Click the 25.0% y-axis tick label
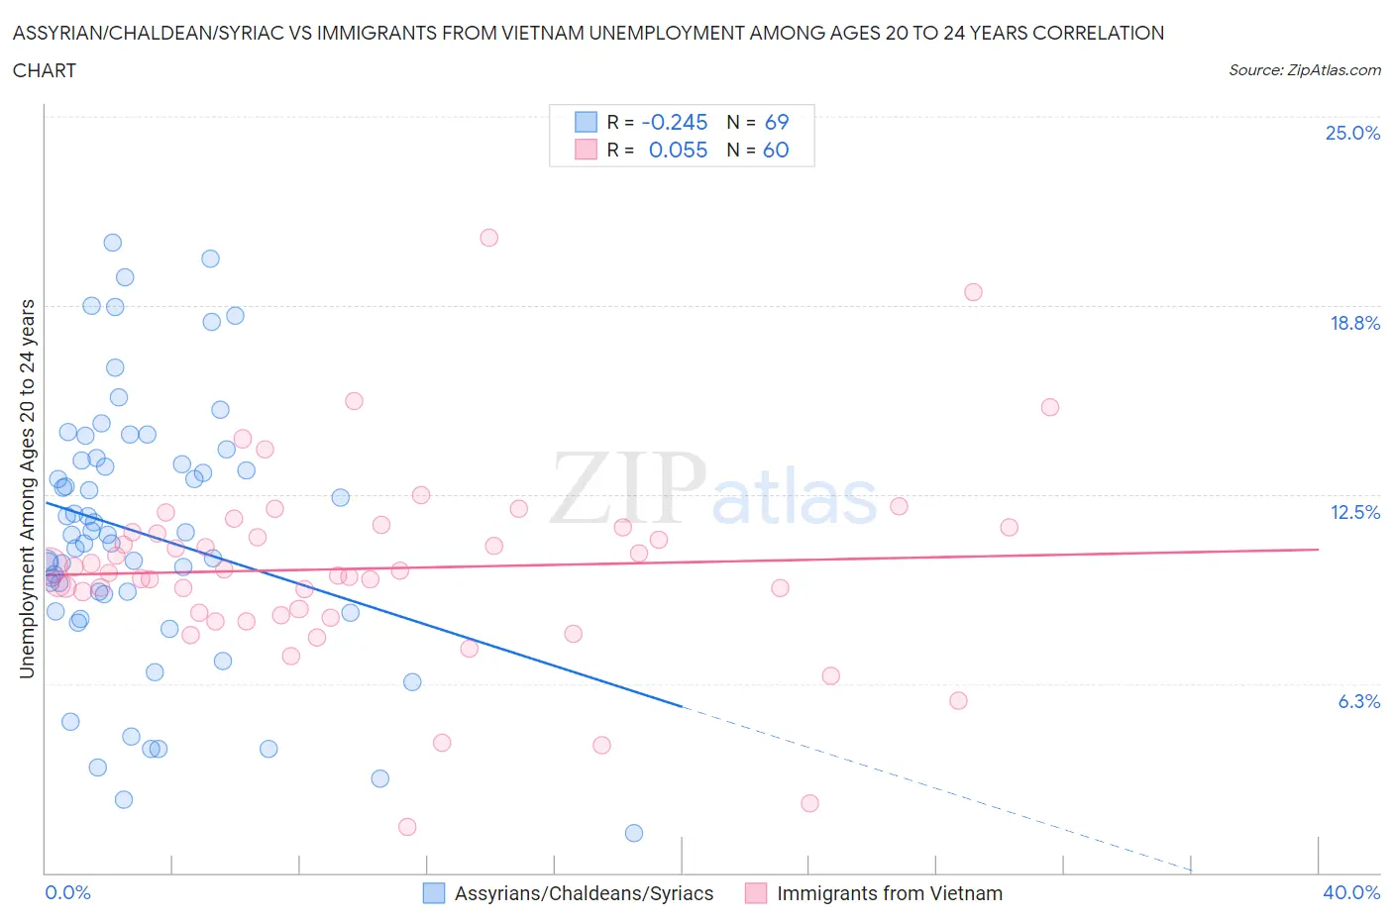pos(1352,133)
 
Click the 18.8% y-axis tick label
pos(1354,323)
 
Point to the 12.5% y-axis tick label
pos(1354,512)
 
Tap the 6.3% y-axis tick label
pos(1358,701)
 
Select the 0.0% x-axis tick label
pos(67,892)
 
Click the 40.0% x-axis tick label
pos(1351,892)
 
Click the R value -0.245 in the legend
pos(675,122)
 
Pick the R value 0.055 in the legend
pos(678,150)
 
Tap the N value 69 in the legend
pos(777,122)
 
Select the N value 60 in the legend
pos(776,150)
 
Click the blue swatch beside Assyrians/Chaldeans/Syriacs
pos(434,893)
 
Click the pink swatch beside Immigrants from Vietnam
pos(756,893)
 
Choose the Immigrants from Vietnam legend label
pos(890,893)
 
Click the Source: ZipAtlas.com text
pos(1304,69)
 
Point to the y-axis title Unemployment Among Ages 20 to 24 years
pos(27,488)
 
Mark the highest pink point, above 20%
pos(488,238)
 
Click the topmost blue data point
pos(113,243)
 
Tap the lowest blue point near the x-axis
pos(634,833)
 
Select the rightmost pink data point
pos(1050,407)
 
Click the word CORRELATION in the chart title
pos(1099,33)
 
